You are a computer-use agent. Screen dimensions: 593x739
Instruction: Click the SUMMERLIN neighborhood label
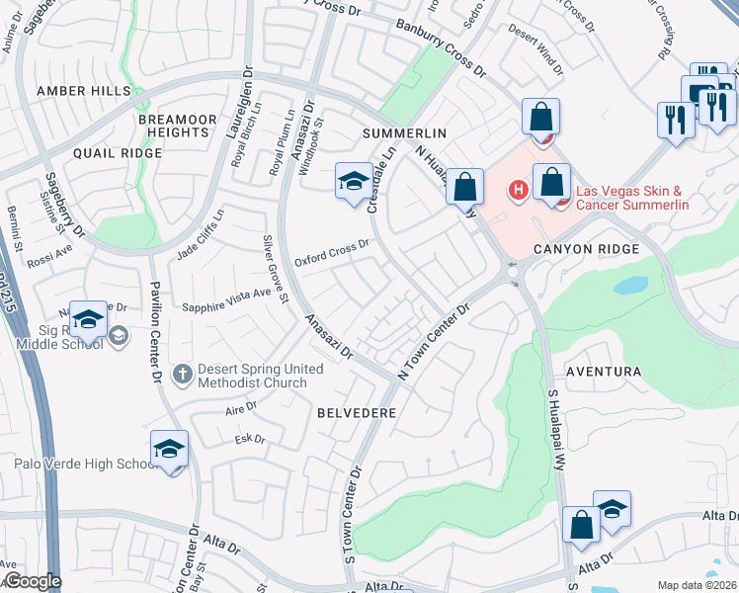tap(404, 132)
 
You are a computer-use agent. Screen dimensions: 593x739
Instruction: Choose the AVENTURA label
tap(604, 372)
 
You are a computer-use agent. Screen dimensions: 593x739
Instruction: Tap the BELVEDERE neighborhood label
tap(357, 411)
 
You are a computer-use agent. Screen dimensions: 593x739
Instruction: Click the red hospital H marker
tap(515, 189)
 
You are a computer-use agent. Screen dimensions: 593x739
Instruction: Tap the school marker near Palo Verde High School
tap(169, 450)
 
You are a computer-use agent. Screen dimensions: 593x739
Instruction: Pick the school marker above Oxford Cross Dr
tap(354, 181)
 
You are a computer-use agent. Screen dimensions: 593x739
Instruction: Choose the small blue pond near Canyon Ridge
tap(628, 287)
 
